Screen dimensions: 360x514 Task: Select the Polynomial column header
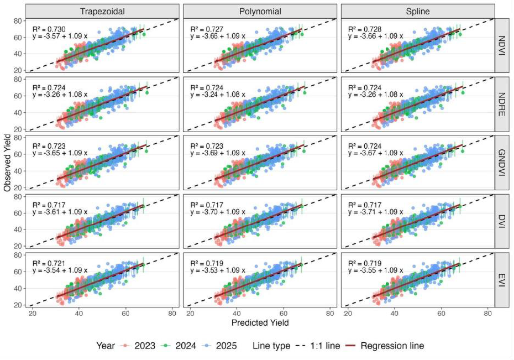click(260, 11)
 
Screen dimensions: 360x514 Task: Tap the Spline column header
click(417, 11)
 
